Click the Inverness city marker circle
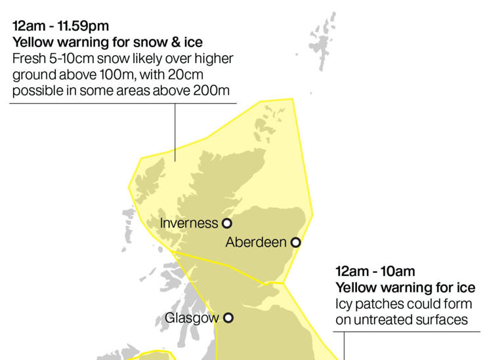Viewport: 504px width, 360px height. [x=227, y=223]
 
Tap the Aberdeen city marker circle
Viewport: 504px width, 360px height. [x=295, y=243]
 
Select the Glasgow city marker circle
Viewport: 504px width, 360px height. [x=228, y=318]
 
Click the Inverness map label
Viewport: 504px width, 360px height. [x=189, y=223]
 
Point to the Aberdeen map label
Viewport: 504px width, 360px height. [x=256, y=243]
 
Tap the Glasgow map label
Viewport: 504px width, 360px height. [x=191, y=318]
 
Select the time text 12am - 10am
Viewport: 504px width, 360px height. [x=375, y=271]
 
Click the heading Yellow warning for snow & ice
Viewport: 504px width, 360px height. [x=108, y=42]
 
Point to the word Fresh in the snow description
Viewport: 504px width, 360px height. [x=28, y=58]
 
